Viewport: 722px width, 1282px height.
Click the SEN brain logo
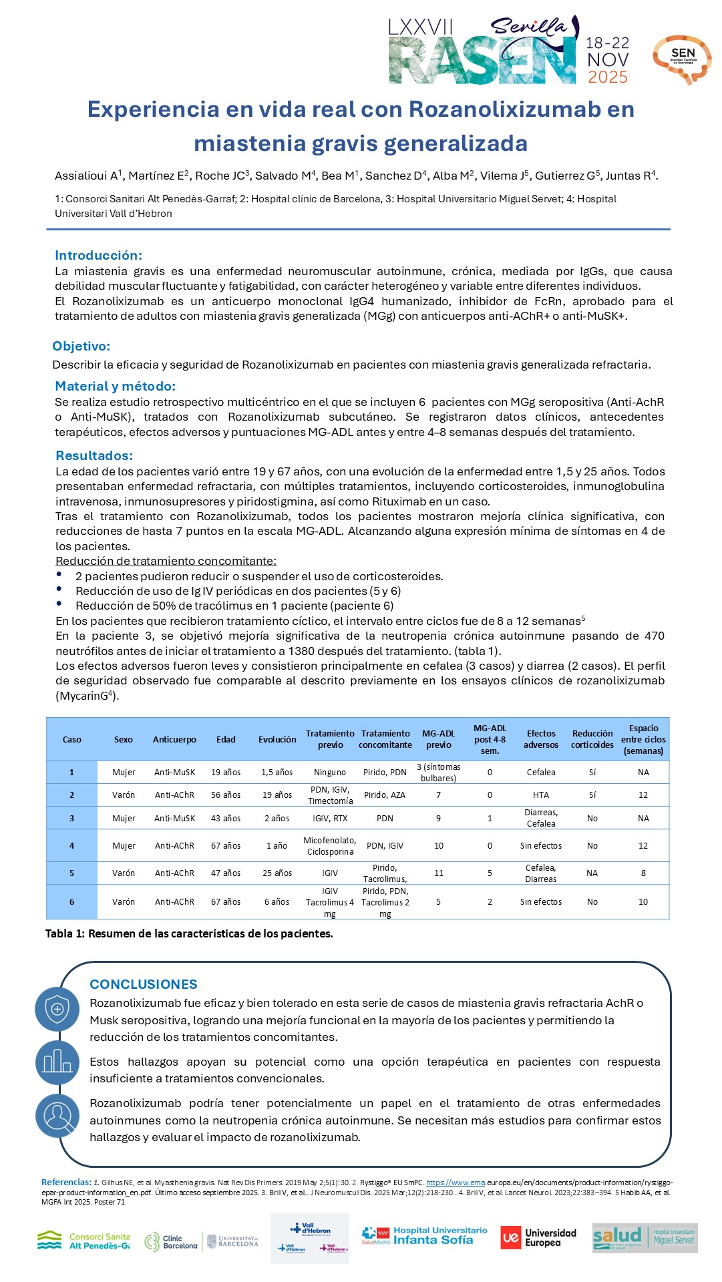click(x=682, y=59)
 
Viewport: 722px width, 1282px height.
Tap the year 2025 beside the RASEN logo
click(x=607, y=77)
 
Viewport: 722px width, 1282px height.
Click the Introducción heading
click(x=98, y=255)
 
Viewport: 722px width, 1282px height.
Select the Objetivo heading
click(x=81, y=346)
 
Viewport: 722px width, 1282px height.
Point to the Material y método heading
click(x=115, y=386)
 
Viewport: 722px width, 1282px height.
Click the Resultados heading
click(x=94, y=455)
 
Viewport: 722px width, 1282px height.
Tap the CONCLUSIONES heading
click(x=144, y=984)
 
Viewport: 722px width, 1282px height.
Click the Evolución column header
click(x=277, y=739)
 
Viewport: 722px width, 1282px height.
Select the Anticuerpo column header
click(x=174, y=739)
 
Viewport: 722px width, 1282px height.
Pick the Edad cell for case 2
click(x=226, y=795)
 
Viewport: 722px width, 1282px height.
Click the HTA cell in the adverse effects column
click(x=541, y=795)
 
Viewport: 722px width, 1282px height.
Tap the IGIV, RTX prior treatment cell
click(x=330, y=818)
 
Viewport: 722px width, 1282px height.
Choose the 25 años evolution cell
click(x=277, y=873)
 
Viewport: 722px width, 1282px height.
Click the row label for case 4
click(x=72, y=845)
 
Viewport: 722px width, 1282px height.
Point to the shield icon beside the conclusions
click(x=57, y=1009)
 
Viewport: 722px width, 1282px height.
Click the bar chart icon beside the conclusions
click(x=57, y=1062)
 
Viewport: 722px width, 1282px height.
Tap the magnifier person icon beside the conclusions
click(x=57, y=1116)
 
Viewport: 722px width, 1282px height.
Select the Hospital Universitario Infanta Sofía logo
click(x=425, y=1236)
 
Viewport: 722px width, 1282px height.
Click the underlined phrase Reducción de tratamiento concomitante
click(x=166, y=561)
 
